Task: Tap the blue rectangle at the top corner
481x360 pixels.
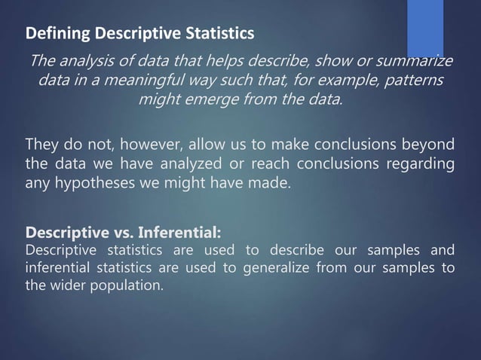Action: [425, 27]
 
